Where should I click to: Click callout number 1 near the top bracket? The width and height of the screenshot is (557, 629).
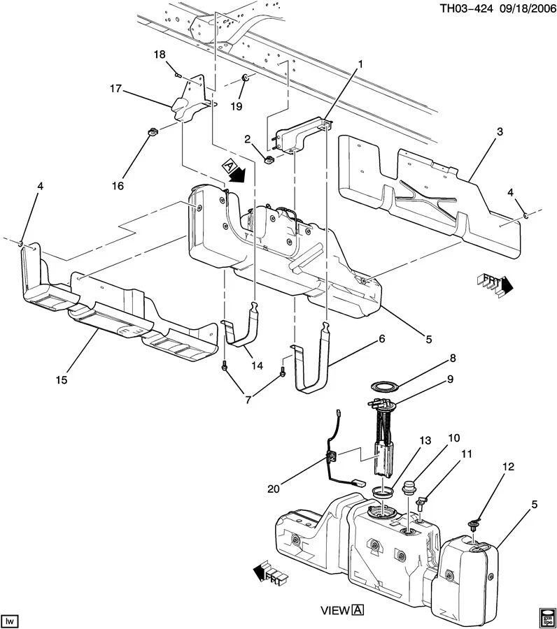[x=360, y=65]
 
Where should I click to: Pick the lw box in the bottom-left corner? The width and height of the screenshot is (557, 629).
[x=10, y=620]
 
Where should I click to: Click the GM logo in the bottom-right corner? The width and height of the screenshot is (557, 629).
[x=547, y=617]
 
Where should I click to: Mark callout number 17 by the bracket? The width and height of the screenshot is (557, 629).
[x=115, y=89]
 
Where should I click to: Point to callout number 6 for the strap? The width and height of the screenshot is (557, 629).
[x=382, y=339]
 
